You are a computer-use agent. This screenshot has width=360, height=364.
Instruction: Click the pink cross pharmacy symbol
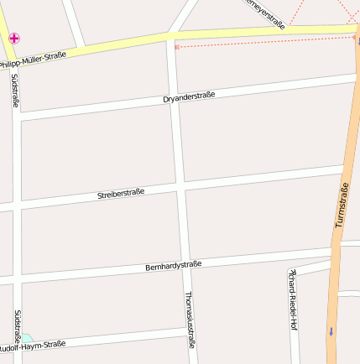pyautogui.click(x=14, y=38)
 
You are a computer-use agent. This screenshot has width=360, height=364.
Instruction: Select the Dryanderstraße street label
pyautogui.click(x=189, y=97)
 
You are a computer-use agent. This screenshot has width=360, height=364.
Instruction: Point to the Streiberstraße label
pyautogui.click(x=121, y=193)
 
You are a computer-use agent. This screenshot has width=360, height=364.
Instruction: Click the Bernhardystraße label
pyautogui.click(x=173, y=266)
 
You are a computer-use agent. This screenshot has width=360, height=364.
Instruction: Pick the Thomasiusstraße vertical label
pyautogui.click(x=189, y=320)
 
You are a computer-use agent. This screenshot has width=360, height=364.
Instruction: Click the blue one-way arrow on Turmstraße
pyautogui.click(x=331, y=330)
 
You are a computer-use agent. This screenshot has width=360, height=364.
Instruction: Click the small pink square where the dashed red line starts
pyautogui.click(x=176, y=47)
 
